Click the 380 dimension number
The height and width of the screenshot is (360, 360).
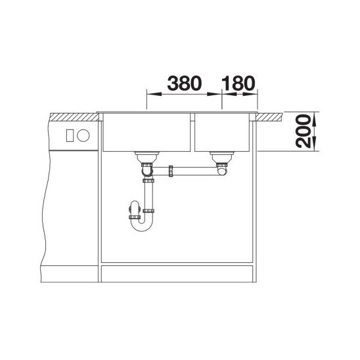185,83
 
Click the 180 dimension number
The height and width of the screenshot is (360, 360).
238,83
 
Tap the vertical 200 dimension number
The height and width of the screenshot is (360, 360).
303,131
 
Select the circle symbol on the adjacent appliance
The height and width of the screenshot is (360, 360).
83,135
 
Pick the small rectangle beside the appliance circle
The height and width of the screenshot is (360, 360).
70,135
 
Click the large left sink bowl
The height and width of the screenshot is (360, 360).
146,133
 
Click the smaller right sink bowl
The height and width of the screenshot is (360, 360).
222,133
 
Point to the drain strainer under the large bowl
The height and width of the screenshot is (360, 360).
146,157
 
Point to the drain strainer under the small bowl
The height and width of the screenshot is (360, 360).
222,157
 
